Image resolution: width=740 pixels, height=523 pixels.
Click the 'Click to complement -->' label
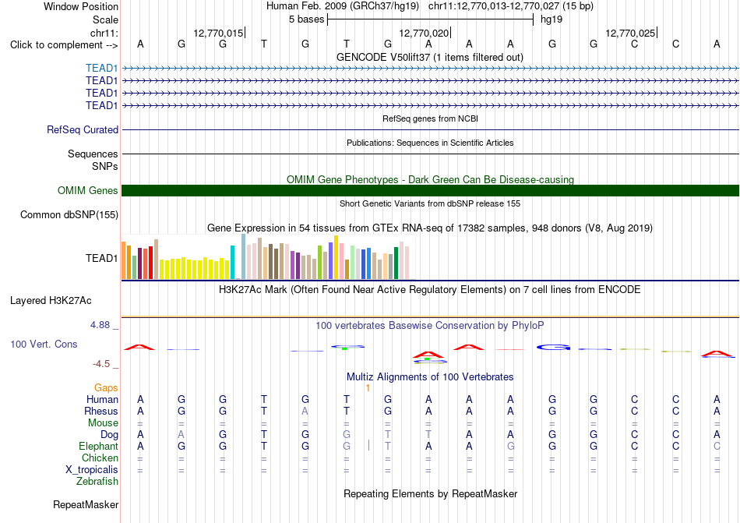(64, 45)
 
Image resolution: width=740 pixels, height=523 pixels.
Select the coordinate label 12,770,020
(424, 33)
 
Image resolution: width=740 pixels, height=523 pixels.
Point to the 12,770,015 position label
(218, 33)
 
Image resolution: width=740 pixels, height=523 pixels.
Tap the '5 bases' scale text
(307, 19)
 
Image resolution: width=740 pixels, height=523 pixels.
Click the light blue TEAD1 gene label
(101, 68)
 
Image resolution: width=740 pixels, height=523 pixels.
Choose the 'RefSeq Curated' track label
(83, 130)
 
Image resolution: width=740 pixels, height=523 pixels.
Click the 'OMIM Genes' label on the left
(88, 190)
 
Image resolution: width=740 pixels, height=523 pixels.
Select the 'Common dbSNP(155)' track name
(69, 215)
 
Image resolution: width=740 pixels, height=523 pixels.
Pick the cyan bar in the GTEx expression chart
(232, 262)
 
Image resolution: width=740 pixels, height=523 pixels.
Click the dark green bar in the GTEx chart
(396, 263)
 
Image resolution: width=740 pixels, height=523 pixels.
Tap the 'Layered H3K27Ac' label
(51, 301)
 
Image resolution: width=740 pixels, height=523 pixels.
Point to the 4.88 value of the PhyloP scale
(100, 325)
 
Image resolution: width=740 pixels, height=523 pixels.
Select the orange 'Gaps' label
(106, 387)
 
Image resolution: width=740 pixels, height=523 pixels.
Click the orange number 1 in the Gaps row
(368, 388)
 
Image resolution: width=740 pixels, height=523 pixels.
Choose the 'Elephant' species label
(99, 446)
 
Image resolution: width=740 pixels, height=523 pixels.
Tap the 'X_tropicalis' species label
(92, 470)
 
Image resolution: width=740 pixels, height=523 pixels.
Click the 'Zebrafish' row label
(97, 482)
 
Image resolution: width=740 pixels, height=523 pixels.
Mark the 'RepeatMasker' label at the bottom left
(86, 504)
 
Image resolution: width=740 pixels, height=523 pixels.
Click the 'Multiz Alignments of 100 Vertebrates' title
(430, 376)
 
